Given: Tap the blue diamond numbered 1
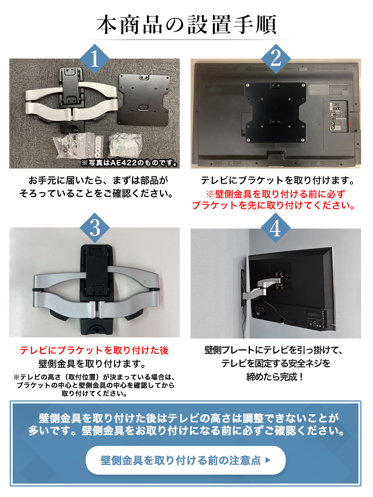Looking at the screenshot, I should (x=95, y=59).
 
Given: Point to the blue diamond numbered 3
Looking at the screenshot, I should (x=95, y=228).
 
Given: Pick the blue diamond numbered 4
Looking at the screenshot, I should (x=275, y=228).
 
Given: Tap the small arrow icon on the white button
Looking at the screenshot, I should (x=267, y=460).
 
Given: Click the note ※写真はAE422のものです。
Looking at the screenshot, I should (x=129, y=163).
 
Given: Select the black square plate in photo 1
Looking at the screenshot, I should (x=144, y=99).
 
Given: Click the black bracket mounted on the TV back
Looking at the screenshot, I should (x=275, y=112).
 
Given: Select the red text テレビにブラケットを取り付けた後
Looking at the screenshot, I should (x=94, y=350).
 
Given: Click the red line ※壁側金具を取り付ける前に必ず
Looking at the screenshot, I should (x=275, y=194).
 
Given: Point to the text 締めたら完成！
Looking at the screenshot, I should (x=275, y=377).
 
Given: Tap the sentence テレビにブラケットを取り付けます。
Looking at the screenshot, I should (x=278, y=180).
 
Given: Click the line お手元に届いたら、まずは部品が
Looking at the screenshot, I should (x=98, y=180).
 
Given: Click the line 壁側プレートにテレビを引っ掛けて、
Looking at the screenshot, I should (x=274, y=350).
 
